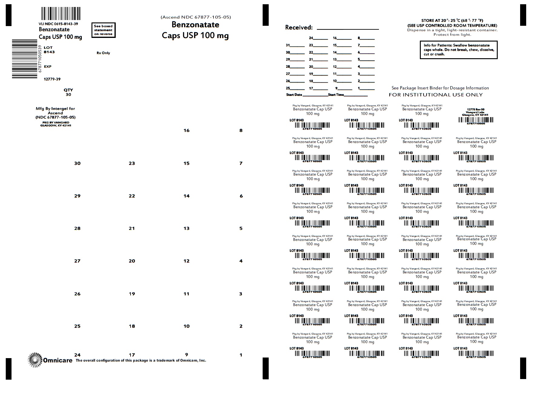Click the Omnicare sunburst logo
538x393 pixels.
click(35, 360)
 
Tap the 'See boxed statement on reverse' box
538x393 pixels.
click(103, 30)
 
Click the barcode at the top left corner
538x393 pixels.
click(61, 14)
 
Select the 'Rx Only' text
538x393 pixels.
click(103, 53)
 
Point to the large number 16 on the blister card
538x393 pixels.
click(186, 131)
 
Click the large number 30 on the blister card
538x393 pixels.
click(77, 163)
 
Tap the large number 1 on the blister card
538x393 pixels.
click(241, 355)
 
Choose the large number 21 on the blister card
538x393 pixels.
click(132, 229)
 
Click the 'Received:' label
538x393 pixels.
click(299, 28)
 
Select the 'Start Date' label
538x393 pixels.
click(294, 95)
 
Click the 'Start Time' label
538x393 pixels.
click(336, 95)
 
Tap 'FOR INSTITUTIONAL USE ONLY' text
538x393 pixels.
click(436, 95)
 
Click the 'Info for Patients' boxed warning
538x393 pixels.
click(459, 50)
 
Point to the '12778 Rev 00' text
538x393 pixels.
click(476, 110)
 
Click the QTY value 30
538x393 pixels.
click(68, 95)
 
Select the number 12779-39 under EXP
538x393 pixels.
click(52, 79)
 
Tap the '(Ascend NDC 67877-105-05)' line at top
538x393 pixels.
click(196, 17)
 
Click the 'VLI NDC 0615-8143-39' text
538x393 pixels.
click(58, 24)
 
